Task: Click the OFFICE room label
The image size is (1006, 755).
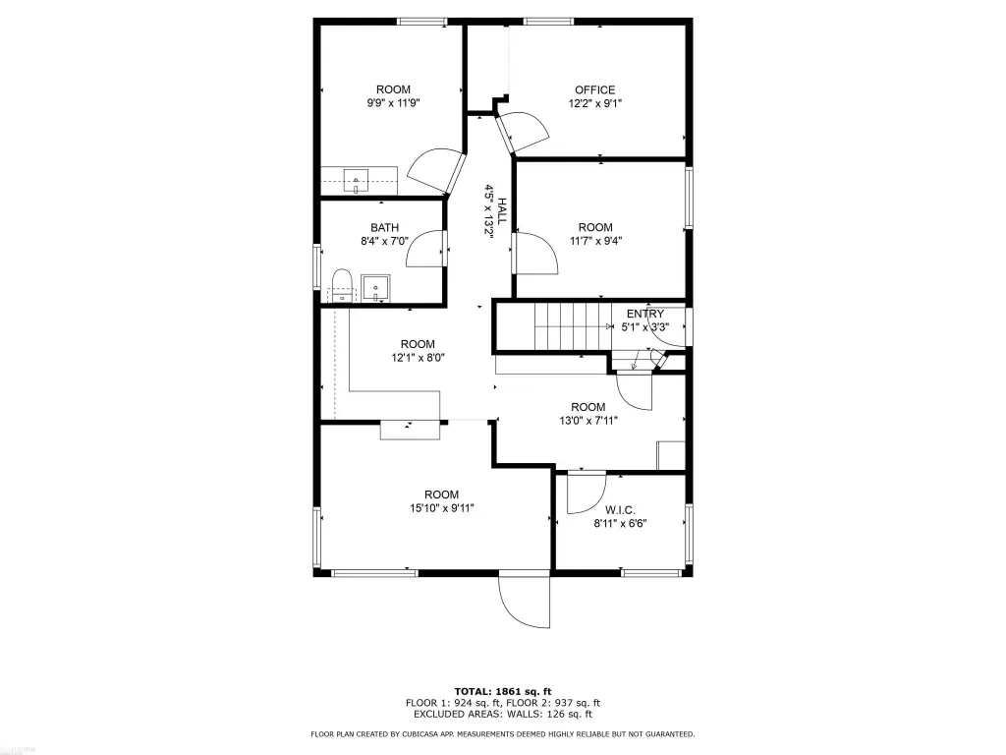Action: (594, 89)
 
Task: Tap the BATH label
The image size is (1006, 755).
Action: (384, 227)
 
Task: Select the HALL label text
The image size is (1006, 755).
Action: (502, 210)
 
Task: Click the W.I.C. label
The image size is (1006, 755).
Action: (620, 510)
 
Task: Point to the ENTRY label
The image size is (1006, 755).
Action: (644, 314)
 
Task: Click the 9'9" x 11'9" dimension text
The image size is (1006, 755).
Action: (393, 102)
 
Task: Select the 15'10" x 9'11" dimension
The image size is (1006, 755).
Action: (441, 508)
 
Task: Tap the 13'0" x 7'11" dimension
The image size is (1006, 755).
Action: (588, 421)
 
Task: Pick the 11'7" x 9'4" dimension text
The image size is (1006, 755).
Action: (595, 242)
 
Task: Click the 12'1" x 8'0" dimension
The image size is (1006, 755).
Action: (418, 358)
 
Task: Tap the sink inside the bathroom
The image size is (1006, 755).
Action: (375, 288)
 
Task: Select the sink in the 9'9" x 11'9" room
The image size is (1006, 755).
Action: (356, 180)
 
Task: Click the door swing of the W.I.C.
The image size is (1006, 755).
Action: (587, 494)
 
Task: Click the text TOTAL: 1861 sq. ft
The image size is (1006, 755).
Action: (503, 691)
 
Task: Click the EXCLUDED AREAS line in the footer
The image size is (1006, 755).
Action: (503, 714)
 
